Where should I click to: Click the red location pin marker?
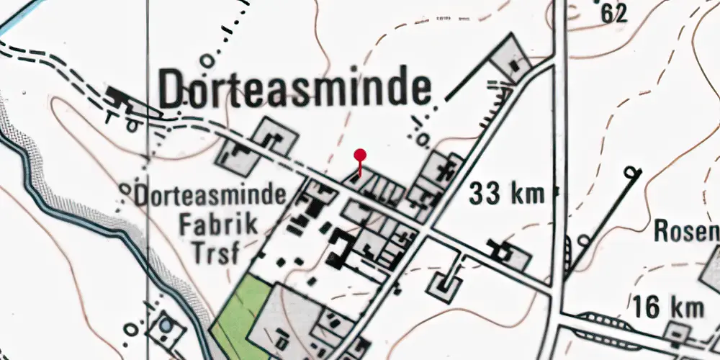coord(360,156)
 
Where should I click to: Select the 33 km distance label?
coord(507,193)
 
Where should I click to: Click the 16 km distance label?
coord(669,307)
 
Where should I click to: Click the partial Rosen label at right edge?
coord(687,232)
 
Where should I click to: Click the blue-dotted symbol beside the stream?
coord(167,326)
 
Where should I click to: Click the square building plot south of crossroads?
coord(446,285)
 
